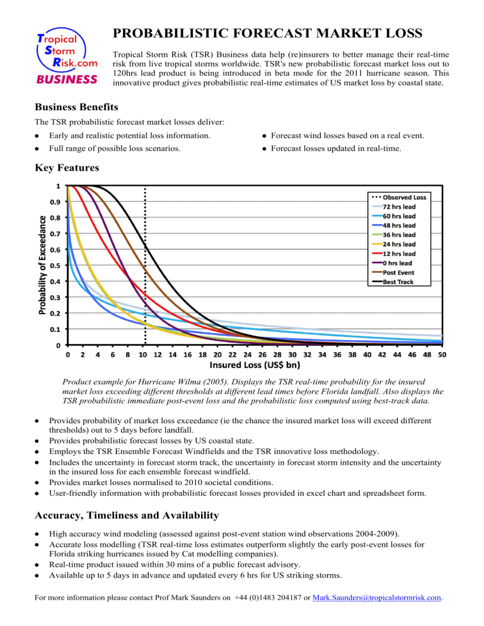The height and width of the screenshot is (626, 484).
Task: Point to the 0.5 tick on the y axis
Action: click(55, 266)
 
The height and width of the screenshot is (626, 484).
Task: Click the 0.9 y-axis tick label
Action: click(55, 202)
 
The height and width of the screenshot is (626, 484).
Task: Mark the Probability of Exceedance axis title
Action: click(39, 265)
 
